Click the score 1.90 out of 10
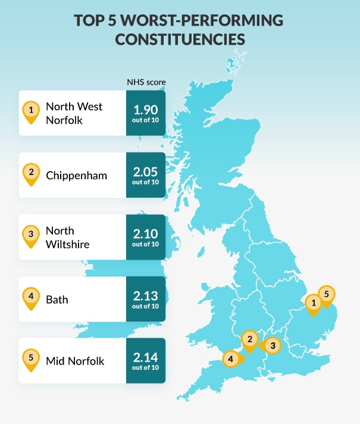[146, 113]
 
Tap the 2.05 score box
[146, 174]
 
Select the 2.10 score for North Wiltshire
[146, 236]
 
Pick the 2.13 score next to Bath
[146, 298]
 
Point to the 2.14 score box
[146, 360]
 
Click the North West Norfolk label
[74, 113]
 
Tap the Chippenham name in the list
[76, 175]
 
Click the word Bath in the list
[57, 299]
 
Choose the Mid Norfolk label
[75, 361]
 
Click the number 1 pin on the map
[312, 304]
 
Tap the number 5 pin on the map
[326, 294]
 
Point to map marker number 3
[271, 345]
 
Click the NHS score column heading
[146, 82]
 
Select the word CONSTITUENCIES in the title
[180, 39]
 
